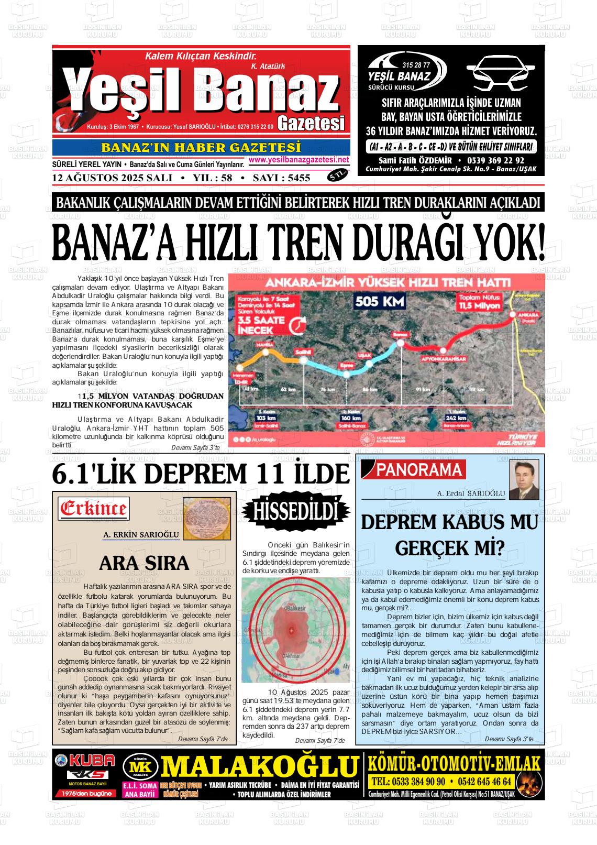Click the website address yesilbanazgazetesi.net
point(298,160)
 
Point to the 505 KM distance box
point(380,301)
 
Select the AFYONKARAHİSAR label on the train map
point(444,359)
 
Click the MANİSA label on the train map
point(262,345)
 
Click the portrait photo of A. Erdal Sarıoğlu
point(524,480)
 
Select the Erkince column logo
point(94,508)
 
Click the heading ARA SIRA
point(143,563)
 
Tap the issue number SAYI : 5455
point(281,178)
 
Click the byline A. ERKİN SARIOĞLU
point(141,535)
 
